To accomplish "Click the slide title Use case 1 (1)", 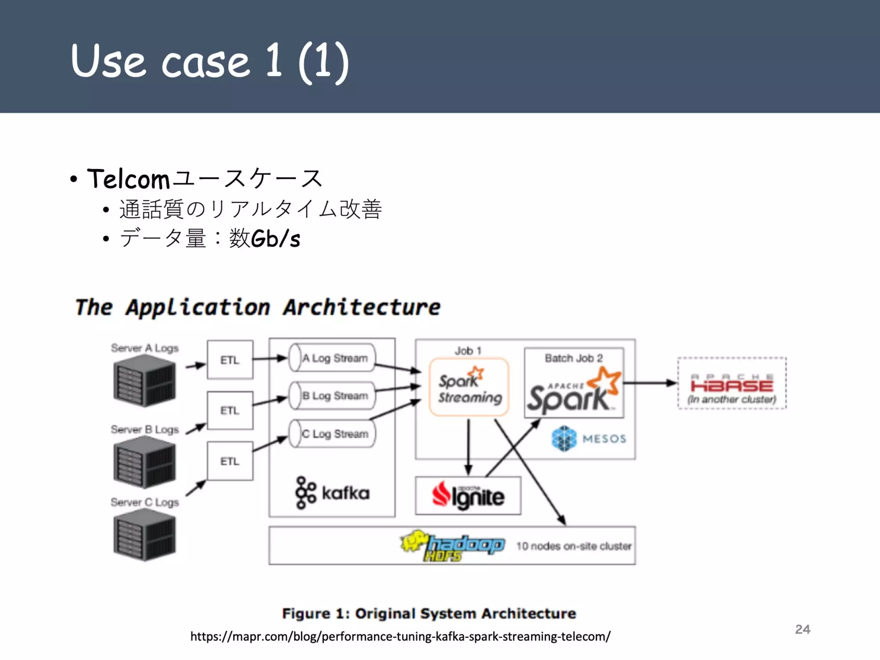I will click(210, 61).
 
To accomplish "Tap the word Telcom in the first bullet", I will click(128, 179).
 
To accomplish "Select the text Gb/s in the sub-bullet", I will click(275, 238).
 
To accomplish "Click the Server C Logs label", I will click(144, 502).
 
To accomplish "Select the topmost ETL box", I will click(230, 360).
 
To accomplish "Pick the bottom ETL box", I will click(230, 461).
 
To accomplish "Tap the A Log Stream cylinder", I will click(332, 358).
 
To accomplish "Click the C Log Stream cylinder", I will click(332, 434).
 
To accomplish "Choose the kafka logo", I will click(332, 493).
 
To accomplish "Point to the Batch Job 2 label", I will click(574, 358).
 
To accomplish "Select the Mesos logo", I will click(589, 439).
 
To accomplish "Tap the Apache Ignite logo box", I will click(468, 495).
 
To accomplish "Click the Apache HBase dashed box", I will click(732, 383).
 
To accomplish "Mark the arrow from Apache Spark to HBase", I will click(649, 383).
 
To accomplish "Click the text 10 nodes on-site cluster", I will click(574, 546).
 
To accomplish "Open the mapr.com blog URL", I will click(400, 636).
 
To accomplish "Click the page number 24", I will click(802, 629).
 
